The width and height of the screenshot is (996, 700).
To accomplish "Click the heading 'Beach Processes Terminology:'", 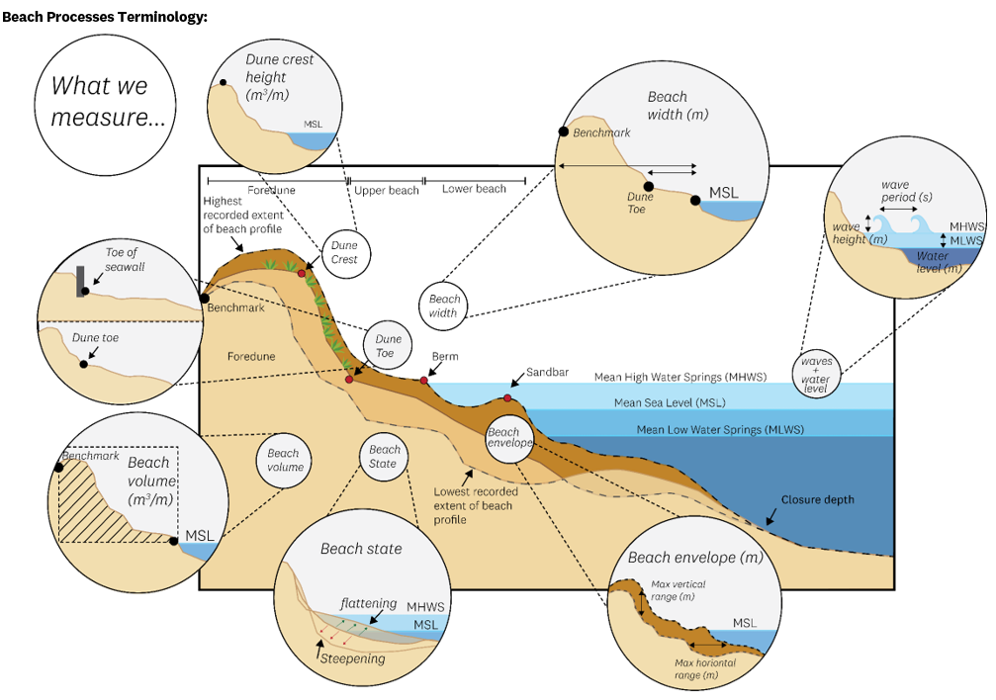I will click(x=105, y=18).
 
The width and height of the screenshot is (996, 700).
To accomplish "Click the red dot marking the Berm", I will click(x=424, y=380).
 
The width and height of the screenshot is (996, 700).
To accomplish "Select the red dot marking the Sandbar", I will click(x=507, y=397).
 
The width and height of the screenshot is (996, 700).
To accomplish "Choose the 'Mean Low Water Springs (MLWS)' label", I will click(x=720, y=429).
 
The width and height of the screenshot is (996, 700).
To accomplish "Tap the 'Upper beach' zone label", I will click(x=387, y=189).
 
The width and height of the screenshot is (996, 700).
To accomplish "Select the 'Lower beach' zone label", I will click(x=474, y=189).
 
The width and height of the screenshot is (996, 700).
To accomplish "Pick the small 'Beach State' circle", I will click(x=383, y=457).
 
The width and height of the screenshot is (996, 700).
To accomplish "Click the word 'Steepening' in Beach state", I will click(x=354, y=658).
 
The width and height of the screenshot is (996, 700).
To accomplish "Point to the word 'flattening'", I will click(x=368, y=603).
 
